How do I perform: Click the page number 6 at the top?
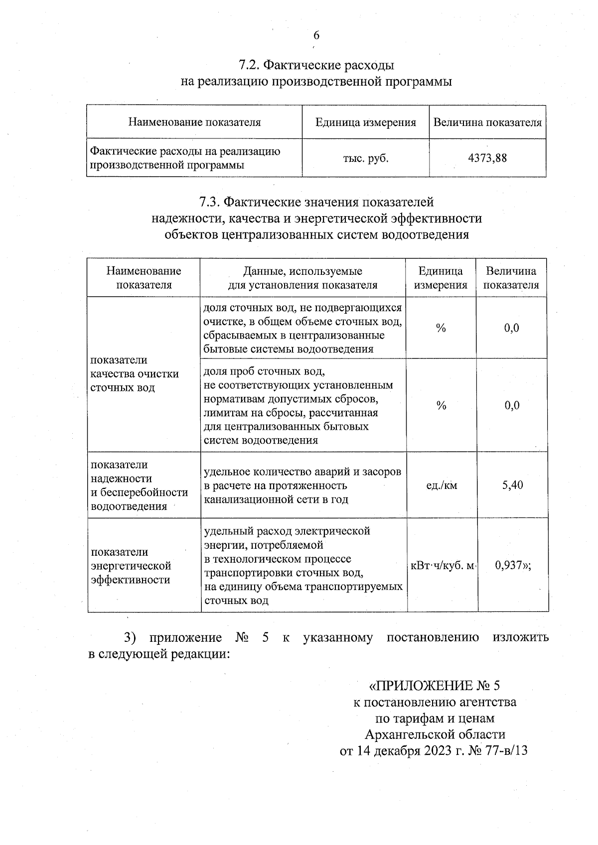(316, 35)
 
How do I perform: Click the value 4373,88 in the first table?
(487, 158)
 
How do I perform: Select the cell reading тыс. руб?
(365, 158)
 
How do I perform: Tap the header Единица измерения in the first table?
(365, 122)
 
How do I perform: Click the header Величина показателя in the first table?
(487, 122)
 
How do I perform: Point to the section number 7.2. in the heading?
(249, 65)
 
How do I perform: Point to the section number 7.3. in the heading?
(210, 202)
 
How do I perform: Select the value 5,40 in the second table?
(512, 484)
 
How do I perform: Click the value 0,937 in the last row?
(509, 565)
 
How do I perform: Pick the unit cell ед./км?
(441, 485)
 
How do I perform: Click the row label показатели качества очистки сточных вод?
(134, 373)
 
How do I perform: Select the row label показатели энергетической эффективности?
(131, 566)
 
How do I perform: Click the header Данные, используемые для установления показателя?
(302, 278)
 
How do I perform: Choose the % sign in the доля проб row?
(441, 405)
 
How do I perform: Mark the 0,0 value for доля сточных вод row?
(512, 328)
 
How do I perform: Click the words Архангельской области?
(435, 734)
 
